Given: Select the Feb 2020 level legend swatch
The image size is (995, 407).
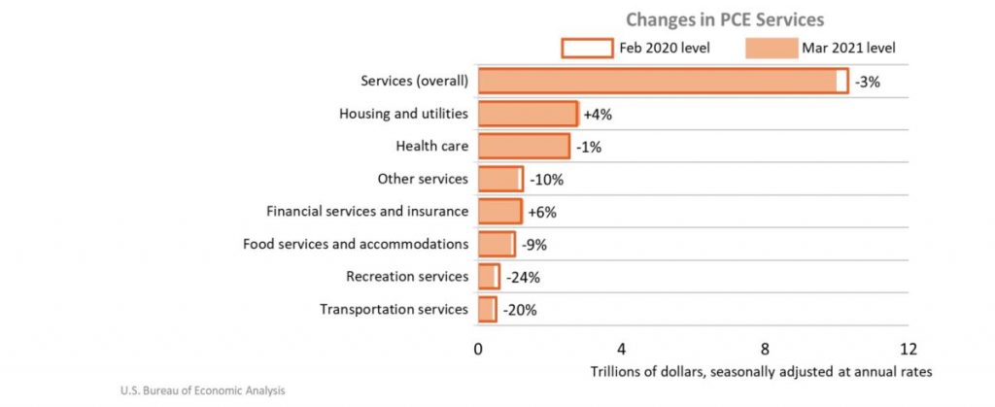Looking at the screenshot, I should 586,48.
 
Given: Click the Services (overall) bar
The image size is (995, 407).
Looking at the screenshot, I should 661,81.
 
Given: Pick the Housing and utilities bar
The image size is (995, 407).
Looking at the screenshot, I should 527,114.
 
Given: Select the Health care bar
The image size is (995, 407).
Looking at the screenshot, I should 523,147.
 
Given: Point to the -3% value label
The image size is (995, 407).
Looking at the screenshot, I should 868,83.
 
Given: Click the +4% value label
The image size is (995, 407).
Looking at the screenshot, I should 598,115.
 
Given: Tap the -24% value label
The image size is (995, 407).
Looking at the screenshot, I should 522,278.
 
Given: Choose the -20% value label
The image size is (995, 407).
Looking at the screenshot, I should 519,311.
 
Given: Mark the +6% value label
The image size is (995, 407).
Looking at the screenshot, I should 541,213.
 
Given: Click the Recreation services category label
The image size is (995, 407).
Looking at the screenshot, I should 407,278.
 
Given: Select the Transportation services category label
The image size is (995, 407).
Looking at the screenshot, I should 395,311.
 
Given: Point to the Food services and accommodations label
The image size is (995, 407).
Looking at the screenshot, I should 356,245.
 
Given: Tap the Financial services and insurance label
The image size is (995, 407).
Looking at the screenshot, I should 367,212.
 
